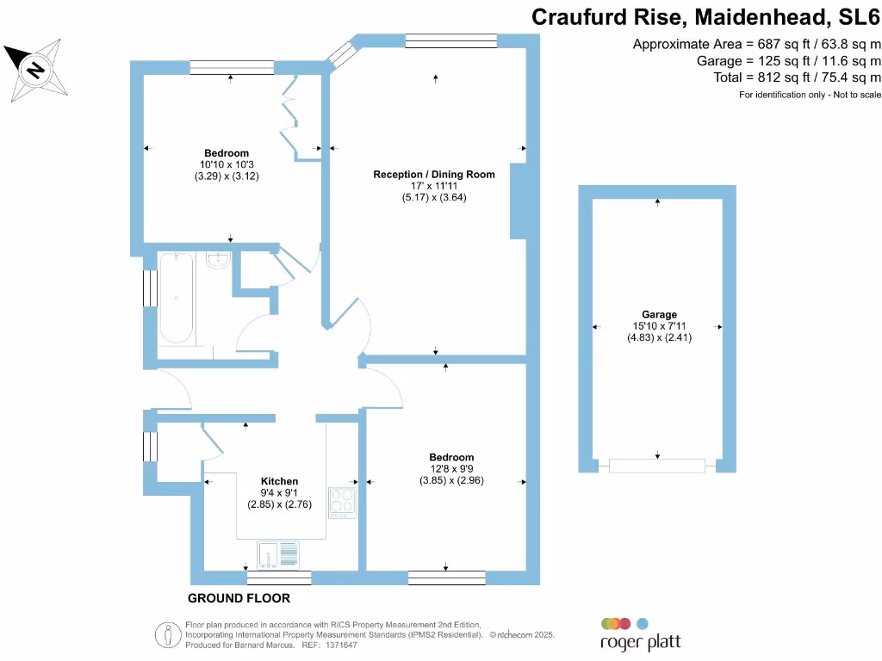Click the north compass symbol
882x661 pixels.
click(34, 68)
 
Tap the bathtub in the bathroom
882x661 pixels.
click(176, 297)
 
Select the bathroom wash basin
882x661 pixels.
click(219, 261)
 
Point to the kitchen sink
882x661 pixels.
click(277, 555)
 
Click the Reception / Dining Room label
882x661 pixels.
click(434, 174)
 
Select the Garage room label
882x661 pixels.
click(659, 314)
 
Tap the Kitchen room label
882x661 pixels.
click(280, 481)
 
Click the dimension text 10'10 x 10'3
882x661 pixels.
click(227, 164)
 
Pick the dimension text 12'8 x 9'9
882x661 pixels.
click(451, 469)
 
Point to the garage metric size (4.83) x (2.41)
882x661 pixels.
click(659, 338)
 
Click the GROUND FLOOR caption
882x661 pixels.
click(239, 598)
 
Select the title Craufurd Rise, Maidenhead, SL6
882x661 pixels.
click(706, 16)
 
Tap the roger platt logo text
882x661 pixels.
click(640, 643)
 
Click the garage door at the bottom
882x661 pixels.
click(657, 466)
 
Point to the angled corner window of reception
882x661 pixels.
click(341, 54)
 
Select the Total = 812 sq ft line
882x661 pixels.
click(798, 77)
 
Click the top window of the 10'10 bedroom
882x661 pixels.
click(231, 66)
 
